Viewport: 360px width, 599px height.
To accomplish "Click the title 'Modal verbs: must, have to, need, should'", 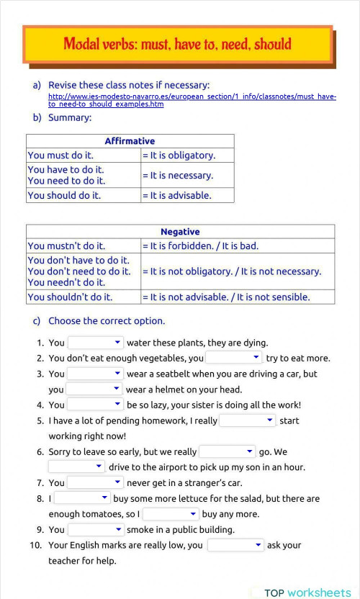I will click(177, 44).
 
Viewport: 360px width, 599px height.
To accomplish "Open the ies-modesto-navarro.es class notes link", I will click(192, 100).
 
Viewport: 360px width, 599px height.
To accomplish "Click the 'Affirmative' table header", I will click(130, 141).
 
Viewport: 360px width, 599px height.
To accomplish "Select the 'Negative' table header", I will click(180, 232).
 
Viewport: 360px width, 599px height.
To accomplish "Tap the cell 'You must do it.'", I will click(84, 155).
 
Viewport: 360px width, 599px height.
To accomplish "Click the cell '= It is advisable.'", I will click(187, 195).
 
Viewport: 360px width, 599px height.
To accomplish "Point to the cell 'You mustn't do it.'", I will click(84, 246).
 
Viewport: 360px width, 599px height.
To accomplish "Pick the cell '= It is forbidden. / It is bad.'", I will click(238, 246).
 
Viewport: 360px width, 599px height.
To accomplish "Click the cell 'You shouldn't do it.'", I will click(84, 297).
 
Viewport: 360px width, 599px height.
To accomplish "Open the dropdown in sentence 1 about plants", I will click(95, 343).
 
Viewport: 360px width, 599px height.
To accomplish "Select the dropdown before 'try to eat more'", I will click(234, 358).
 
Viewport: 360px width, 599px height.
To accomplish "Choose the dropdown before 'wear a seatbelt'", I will click(95, 374).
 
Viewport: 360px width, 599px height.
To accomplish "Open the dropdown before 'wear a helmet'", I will click(95, 389).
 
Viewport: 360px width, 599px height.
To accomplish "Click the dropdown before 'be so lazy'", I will click(95, 405).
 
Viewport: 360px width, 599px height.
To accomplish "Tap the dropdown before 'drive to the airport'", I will click(77, 467).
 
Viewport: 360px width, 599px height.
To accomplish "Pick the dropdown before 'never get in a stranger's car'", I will click(95, 482).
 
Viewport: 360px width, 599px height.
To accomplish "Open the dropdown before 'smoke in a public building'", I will click(95, 529).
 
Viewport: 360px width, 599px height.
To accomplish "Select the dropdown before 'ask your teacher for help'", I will click(235, 545).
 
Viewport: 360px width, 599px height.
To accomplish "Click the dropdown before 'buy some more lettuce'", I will click(82, 498).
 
